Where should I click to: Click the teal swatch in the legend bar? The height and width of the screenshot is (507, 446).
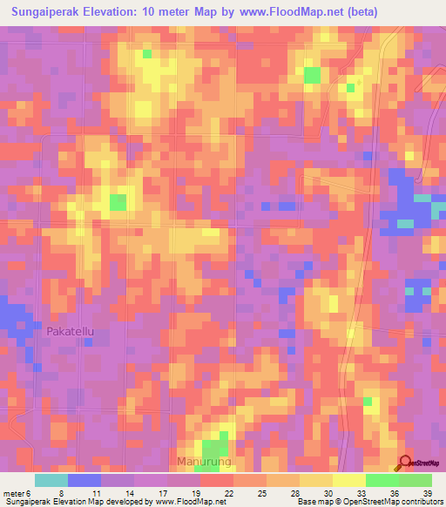(x=51, y=480)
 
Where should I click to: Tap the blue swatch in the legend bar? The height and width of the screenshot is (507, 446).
(x=84, y=480)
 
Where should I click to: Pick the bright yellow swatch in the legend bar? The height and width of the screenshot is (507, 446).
(x=348, y=480)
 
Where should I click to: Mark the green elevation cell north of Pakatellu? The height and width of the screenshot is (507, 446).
(x=117, y=203)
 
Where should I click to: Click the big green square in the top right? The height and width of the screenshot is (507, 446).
(x=312, y=75)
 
